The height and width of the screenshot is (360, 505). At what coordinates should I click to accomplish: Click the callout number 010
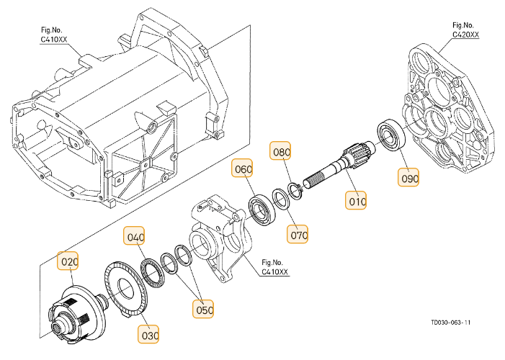[358, 202]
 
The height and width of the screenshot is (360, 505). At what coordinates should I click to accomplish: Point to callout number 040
[135, 237]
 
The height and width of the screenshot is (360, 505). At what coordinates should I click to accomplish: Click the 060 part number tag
[243, 171]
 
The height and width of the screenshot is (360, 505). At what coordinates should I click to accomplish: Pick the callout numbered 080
[280, 153]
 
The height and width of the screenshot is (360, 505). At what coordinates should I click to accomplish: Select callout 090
[410, 176]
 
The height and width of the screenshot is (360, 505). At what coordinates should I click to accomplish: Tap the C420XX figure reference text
[465, 34]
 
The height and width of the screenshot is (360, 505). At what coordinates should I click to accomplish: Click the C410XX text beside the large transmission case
[55, 40]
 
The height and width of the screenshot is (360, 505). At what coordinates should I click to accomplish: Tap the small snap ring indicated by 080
[294, 189]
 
